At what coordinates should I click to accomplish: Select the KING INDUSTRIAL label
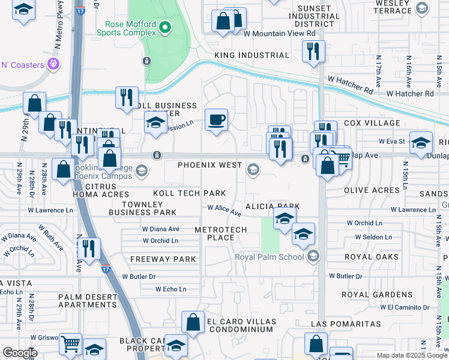coord(252,55)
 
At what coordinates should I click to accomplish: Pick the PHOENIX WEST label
coord(209,165)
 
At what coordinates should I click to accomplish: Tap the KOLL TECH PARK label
coord(189,193)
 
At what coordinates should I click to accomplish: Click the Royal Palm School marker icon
coord(312,257)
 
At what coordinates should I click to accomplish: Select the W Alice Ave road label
coord(224,210)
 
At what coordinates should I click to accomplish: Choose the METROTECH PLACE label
coord(214,234)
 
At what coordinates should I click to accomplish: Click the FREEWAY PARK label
coord(163,259)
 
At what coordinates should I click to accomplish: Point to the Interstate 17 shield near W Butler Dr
coord(106,270)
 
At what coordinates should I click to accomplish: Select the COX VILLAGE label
coord(372,123)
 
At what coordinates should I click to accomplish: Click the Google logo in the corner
coord(20,353)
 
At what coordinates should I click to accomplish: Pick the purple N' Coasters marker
coord(53,64)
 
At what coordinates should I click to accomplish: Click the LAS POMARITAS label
coord(345,324)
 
